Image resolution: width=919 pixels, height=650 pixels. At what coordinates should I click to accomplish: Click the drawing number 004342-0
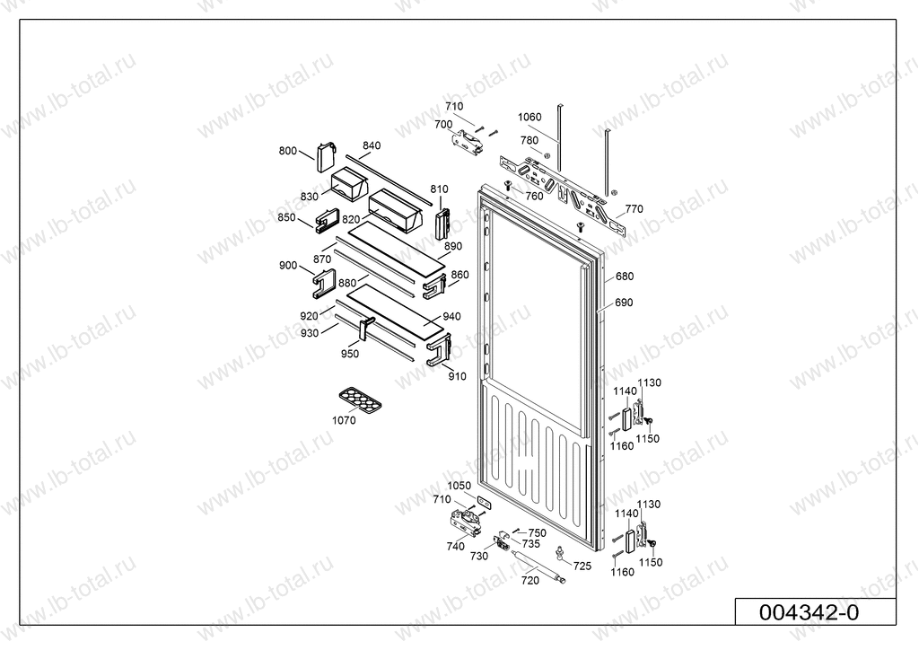click(809, 612)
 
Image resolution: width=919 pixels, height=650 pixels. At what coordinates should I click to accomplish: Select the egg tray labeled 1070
click(360, 400)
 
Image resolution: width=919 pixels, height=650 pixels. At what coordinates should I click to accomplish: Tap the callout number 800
click(287, 151)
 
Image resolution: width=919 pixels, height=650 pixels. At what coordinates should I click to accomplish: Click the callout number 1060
click(530, 118)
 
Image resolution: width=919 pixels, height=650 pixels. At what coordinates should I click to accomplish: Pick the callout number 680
click(625, 276)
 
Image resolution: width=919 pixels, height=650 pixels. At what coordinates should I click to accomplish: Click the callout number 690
click(624, 303)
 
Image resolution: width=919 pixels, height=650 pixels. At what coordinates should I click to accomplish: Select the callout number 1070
click(344, 420)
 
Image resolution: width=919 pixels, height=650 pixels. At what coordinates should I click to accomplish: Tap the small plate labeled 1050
click(484, 502)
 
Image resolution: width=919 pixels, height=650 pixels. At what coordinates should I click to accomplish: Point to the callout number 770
click(634, 208)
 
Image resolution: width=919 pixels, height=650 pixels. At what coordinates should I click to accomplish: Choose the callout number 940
click(451, 317)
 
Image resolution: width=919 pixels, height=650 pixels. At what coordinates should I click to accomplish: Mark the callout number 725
click(582, 567)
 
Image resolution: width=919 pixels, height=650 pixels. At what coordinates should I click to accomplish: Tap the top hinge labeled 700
click(467, 142)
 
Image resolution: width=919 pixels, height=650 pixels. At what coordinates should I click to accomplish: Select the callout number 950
click(349, 354)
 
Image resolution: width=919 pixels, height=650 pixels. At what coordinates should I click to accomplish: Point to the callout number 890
click(452, 246)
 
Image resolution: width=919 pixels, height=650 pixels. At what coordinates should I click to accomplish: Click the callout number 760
click(534, 197)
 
